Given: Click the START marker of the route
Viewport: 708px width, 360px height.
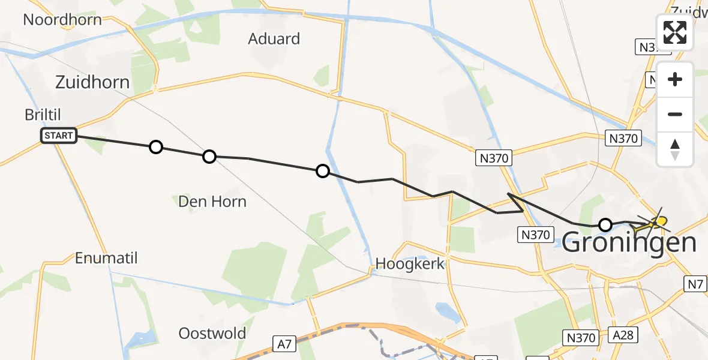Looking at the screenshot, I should (x=59, y=136).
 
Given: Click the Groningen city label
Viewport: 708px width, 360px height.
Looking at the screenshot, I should (x=629, y=244).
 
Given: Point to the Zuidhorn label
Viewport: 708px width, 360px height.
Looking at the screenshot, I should (x=92, y=82).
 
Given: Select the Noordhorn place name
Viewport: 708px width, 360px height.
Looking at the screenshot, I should (x=62, y=19).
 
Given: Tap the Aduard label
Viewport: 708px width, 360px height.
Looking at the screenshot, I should (x=274, y=39).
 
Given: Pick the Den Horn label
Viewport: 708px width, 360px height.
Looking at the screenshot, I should (x=212, y=201).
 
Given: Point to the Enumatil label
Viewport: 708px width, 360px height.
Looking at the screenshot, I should (x=106, y=259).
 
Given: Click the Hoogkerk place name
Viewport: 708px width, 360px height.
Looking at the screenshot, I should (x=410, y=263).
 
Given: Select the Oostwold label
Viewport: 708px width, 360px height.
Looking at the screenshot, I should (x=212, y=334).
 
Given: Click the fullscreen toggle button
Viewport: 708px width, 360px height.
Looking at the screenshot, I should (x=675, y=32).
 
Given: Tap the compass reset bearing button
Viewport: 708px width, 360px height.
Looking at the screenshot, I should (x=675, y=149).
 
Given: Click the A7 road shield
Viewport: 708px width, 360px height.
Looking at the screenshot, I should (x=286, y=344).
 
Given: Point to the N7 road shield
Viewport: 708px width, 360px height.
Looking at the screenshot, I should (x=696, y=284).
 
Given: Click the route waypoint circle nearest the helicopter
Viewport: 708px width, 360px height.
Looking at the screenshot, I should (x=605, y=225).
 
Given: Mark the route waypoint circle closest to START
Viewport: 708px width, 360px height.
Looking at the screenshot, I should (x=156, y=147).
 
